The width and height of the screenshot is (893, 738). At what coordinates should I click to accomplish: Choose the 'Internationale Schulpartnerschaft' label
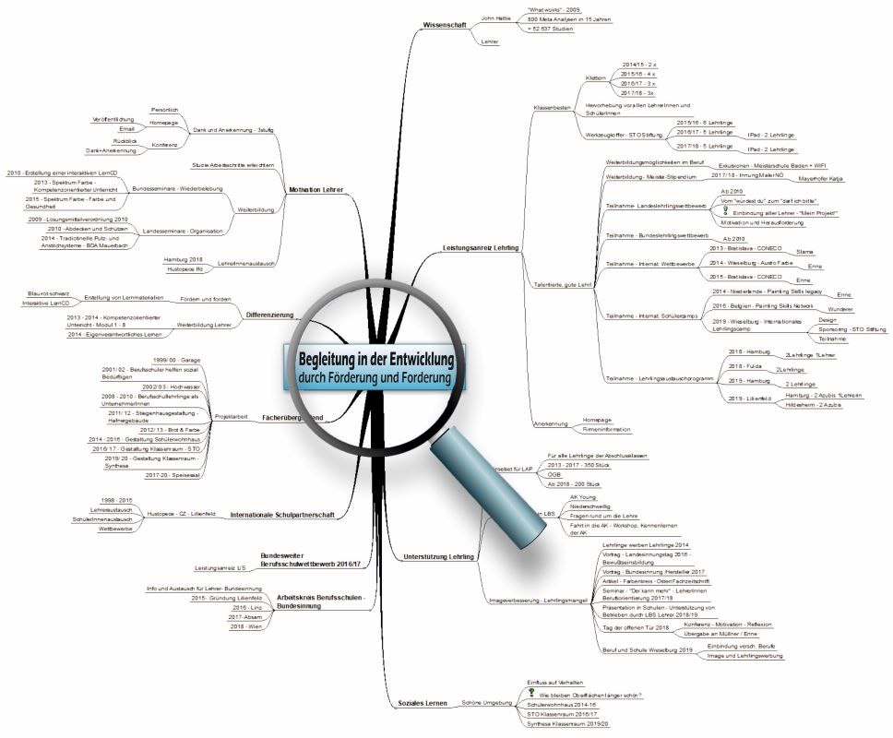[x=282, y=514]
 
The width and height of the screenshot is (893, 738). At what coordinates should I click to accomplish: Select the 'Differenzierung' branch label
[x=269, y=315]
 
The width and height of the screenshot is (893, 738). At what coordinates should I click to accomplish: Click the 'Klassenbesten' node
[x=553, y=108]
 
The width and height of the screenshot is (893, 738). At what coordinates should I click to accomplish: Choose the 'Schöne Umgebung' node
[x=486, y=702]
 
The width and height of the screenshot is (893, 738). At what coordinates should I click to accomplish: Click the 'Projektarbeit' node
[x=230, y=417]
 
